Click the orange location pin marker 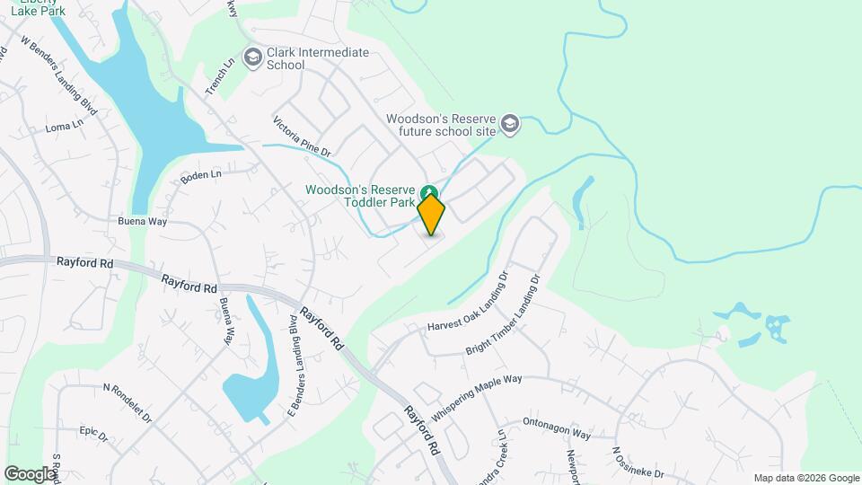point(431,215)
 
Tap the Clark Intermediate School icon point(253,57)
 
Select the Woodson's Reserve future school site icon point(511,124)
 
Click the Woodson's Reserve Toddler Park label point(360,197)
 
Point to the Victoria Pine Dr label point(303,137)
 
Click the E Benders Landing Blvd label point(293,354)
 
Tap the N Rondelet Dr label point(128,403)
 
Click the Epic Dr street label point(92,434)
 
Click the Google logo point(31,473)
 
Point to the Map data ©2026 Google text point(805,478)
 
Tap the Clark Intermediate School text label point(318,58)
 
